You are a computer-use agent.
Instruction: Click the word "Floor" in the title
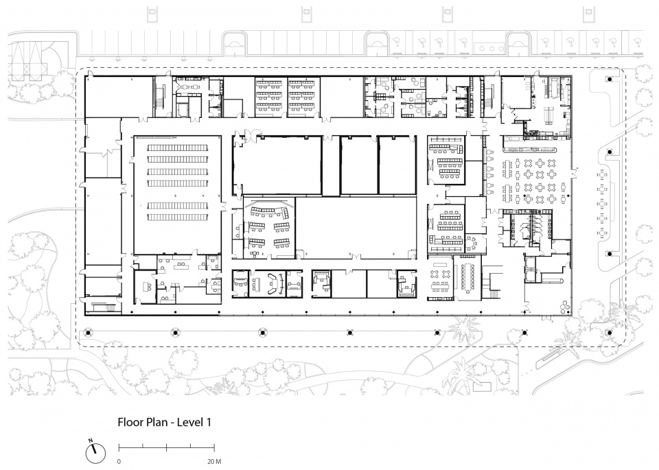pos(130,422)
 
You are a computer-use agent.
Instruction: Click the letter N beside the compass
pos(91,440)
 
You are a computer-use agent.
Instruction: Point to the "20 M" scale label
pos(214,462)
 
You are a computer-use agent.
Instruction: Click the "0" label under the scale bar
pos(119,462)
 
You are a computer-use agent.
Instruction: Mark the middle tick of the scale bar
pos(167,446)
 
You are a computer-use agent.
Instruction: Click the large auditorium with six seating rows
pos(177,195)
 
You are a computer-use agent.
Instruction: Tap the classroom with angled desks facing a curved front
pos(269,228)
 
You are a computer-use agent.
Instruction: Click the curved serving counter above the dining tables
pos(531,150)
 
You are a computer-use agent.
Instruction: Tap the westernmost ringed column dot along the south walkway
pos(88,333)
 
